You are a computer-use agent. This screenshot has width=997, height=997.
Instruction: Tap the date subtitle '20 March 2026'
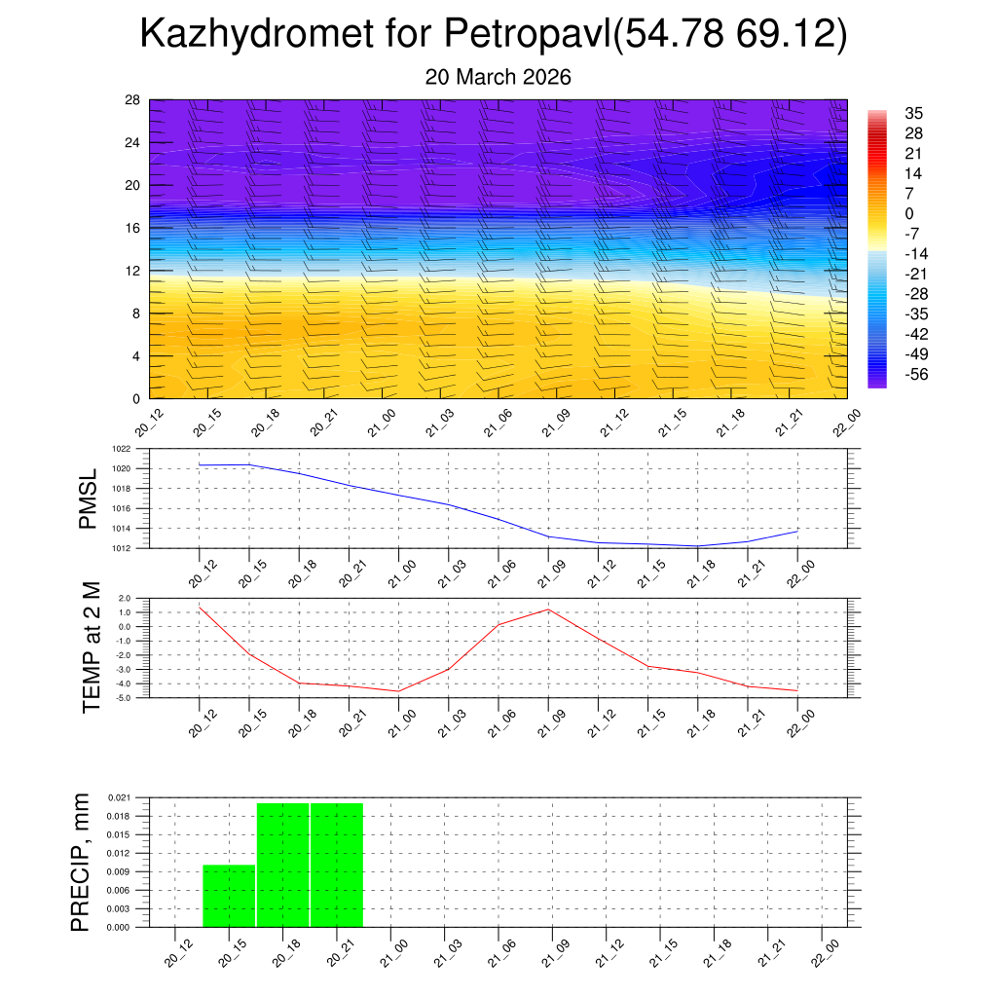tap(498, 77)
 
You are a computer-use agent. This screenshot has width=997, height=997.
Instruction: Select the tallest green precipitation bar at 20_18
tap(283, 865)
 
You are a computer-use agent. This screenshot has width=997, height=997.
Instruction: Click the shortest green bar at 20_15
tap(229, 896)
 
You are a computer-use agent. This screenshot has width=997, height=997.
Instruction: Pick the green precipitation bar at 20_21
tap(337, 865)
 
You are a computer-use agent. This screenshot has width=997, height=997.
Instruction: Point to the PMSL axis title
tap(89, 499)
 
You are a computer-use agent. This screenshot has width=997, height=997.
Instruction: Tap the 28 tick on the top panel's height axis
tap(133, 100)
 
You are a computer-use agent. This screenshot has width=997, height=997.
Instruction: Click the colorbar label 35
tap(913, 113)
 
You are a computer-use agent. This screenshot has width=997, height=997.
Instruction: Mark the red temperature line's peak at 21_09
tap(548, 609)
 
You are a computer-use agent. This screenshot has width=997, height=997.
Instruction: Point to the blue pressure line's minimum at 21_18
tap(697, 546)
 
